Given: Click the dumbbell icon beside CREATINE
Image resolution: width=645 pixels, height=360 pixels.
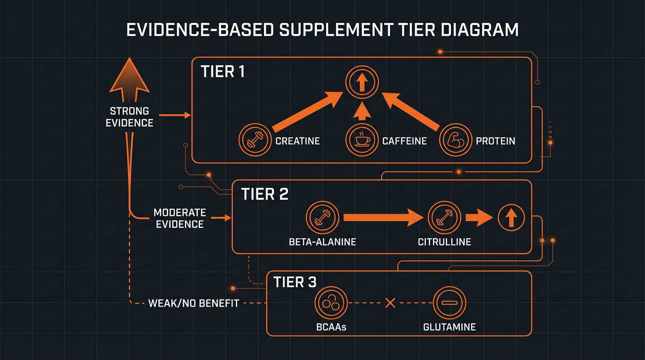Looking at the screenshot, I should [255, 140].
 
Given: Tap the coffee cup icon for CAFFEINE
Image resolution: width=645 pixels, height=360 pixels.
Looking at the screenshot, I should [362, 140].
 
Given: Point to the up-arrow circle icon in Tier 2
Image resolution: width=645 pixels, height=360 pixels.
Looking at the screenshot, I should [511, 218].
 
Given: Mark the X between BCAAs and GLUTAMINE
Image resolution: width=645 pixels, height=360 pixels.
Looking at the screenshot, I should [390, 303].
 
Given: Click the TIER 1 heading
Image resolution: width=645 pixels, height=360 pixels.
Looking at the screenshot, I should [223, 72].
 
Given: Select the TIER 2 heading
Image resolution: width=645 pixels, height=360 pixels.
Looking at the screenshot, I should [264, 194].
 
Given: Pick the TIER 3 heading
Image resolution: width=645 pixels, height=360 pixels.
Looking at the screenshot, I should [295, 282].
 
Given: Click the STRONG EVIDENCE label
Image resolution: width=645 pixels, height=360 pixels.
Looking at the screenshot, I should [129, 117].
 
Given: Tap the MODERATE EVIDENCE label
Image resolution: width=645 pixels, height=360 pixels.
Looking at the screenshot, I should [180, 218].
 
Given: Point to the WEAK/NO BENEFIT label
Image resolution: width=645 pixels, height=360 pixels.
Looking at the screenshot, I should [194, 303].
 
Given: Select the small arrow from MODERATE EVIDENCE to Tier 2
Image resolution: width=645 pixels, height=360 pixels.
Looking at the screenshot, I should [221, 218].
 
